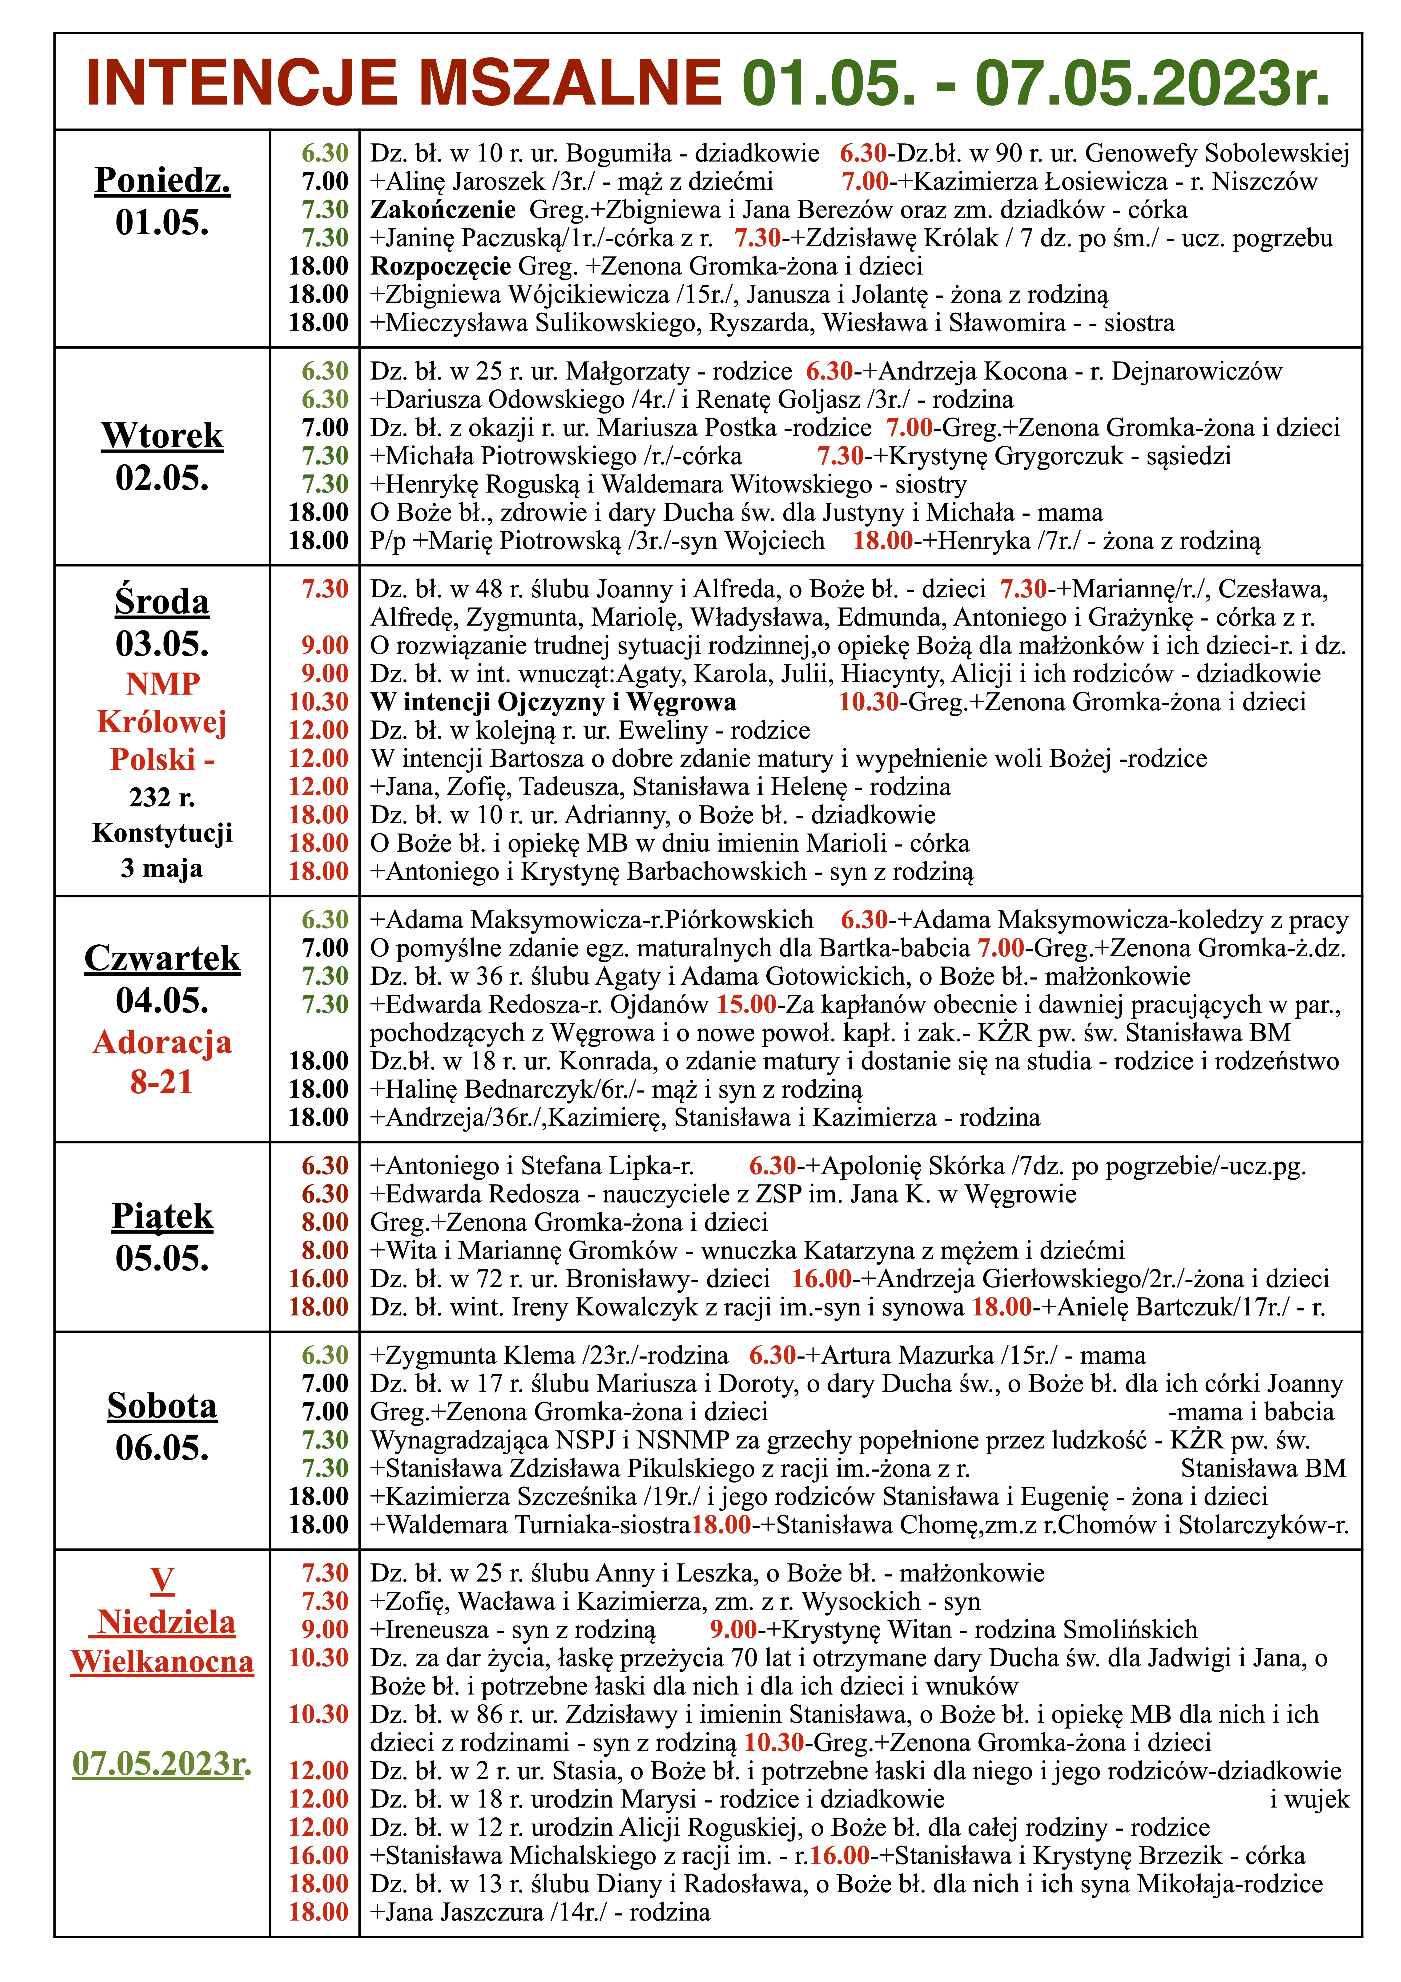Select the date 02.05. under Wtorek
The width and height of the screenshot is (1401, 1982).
pyautogui.click(x=162, y=477)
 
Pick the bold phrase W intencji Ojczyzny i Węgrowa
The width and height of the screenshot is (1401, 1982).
pyautogui.click(x=552, y=702)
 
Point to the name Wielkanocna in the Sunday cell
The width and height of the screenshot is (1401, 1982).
pyautogui.click(x=162, y=1662)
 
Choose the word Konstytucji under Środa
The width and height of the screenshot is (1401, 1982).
pyautogui.click(x=162, y=833)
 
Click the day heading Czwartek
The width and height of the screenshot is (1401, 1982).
pyautogui.click(x=162, y=958)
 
